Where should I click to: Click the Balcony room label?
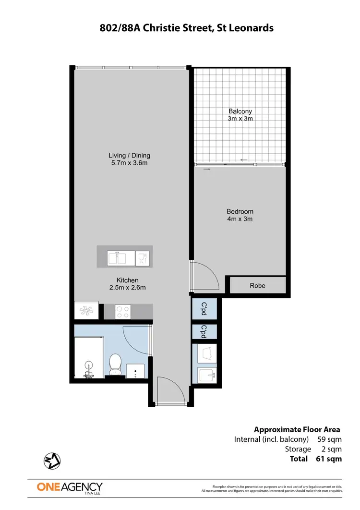pos(240,111)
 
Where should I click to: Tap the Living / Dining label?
pos(129,155)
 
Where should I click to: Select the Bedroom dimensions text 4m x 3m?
pos(240,219)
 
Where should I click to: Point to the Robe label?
pos(257,286)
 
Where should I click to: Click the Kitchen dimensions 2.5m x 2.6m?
pos(127,288)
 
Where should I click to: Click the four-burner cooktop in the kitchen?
pos(123,311)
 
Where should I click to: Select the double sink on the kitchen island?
pos(121,258)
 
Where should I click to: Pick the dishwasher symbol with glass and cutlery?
pos(143,258)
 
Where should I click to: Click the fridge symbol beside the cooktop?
pos(86,310)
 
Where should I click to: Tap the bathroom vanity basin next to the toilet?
pos(136,370)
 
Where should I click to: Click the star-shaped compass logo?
pos(51,461)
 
